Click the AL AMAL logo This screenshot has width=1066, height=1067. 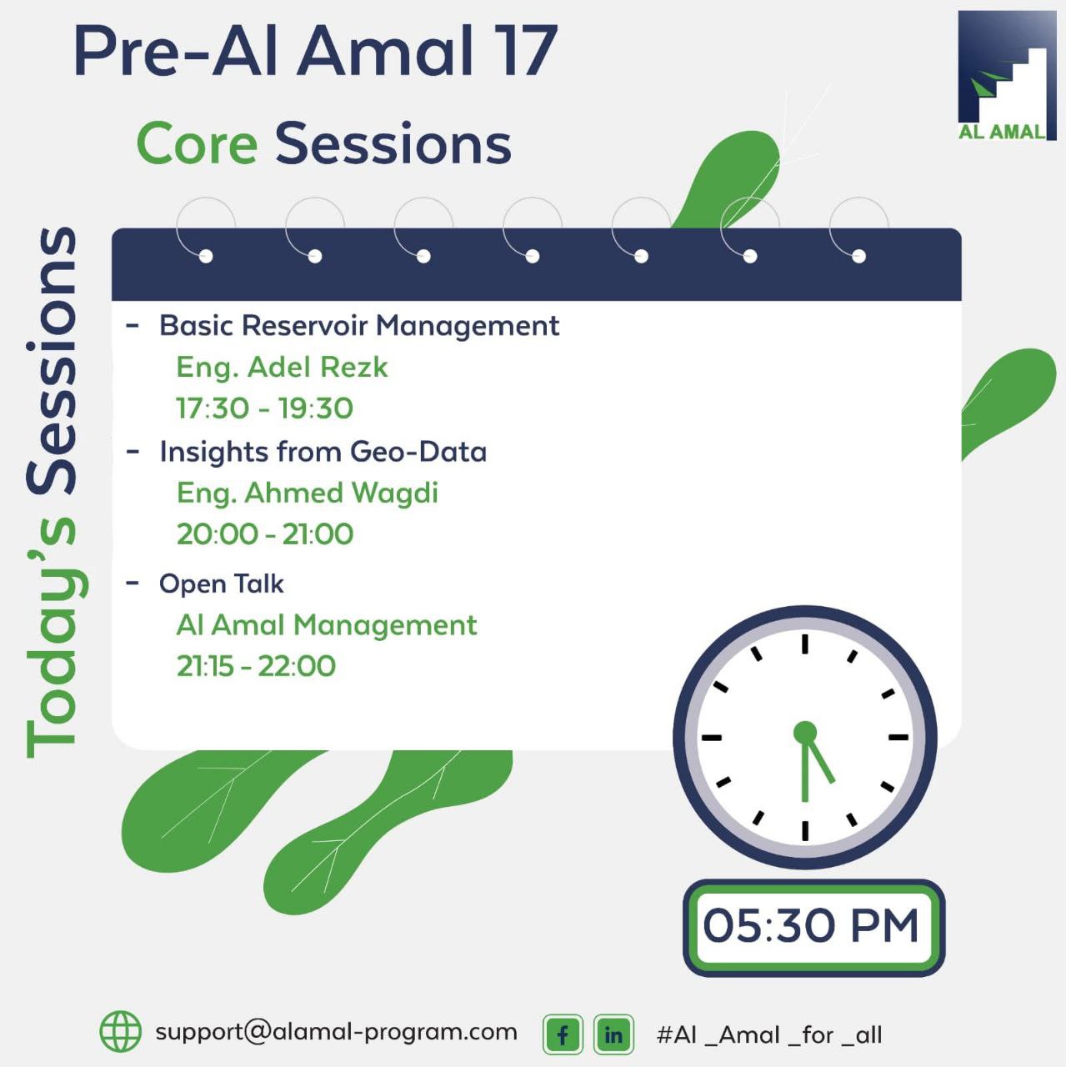click(1006, 76)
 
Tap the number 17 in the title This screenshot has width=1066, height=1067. click(528, 51)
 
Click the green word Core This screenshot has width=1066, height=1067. click(197, 144)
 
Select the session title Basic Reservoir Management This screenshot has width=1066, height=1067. click(359, 325)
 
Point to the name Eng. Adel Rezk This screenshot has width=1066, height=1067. click(282, 367)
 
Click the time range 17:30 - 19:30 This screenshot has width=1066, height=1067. click(264, 408)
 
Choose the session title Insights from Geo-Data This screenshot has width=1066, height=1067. click(323, 452)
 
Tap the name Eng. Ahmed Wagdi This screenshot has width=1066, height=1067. click(307, 493)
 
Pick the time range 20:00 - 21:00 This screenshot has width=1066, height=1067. click(265, 534)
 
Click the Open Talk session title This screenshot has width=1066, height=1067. click(222, 584)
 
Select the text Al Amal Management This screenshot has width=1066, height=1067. click(326, 625)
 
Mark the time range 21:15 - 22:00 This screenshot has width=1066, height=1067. click(256, 666)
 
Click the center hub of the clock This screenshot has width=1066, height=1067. click(805, 733)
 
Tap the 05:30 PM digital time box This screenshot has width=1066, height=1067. click(813, 927)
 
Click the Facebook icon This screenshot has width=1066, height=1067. click(563, 1034)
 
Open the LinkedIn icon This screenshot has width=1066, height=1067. click(613, 1034)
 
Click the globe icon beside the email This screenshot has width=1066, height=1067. click(121, 1031)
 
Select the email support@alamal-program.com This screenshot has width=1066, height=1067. click(336, 1032)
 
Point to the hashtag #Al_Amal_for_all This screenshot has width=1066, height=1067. click(769, 1035)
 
